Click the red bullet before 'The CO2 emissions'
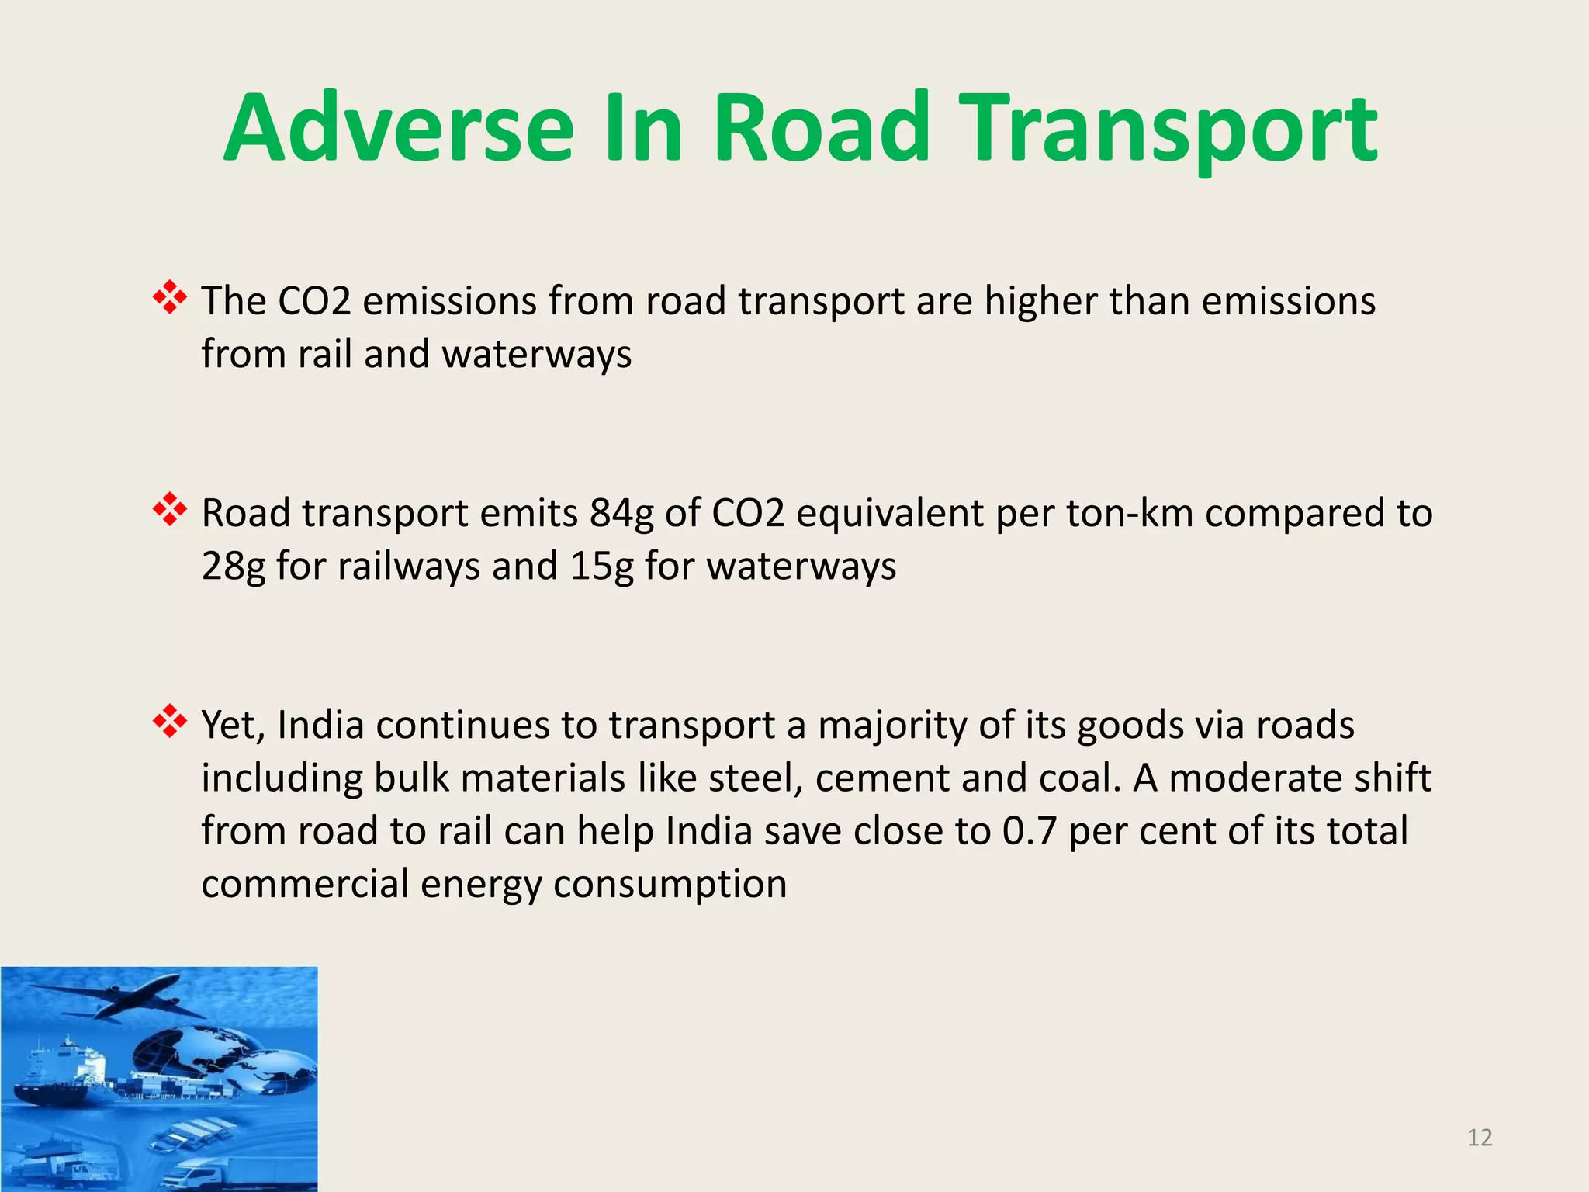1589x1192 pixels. pyautogui.click(x=170, y=298)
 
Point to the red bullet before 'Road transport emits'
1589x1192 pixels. pyautogui.click(x=170, y=510)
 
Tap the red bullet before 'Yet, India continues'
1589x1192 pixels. pyautogui.click(x=170, y=722)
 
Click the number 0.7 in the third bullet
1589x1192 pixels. pyautogui.click(x=1030, y=831)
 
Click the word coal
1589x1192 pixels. pyautogui.click(x=1080, y=778)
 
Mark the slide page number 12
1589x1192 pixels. pyautogui.click(x=1480, y=1138)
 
